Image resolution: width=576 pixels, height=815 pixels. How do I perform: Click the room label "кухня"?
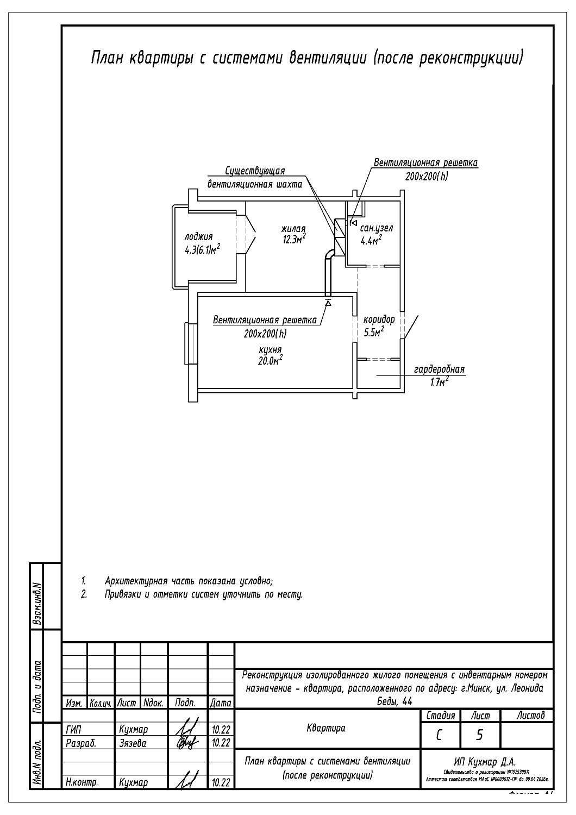click(271, 350)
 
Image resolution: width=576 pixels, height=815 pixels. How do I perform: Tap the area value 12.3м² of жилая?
click(294, 240)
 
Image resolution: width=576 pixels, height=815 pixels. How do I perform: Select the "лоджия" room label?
click(198, 236)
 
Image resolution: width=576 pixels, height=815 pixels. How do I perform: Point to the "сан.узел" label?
click(377, 228)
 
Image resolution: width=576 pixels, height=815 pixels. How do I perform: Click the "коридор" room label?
click(379, 319)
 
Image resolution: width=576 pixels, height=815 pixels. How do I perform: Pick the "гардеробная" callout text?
click(439, 369)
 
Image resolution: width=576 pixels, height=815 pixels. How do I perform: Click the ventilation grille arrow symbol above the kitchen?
click(328, 302)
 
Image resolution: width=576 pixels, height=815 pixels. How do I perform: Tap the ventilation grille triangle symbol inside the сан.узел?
click(353, 223)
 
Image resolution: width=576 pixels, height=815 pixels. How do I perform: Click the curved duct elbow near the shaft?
click(330, 255)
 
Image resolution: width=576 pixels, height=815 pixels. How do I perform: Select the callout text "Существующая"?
click(255, 172)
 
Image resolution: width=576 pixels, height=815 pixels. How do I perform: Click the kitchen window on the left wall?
click(190, 343)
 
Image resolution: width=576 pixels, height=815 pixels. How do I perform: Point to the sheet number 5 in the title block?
click(479, 735)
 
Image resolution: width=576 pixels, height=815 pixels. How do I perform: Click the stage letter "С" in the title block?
click(439, 735)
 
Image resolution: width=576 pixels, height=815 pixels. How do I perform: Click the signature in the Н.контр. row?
click(186, 782)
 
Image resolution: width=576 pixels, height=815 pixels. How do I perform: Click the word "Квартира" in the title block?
click(326, 728)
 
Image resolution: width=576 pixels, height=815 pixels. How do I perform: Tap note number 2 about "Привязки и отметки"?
click(84, 594)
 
